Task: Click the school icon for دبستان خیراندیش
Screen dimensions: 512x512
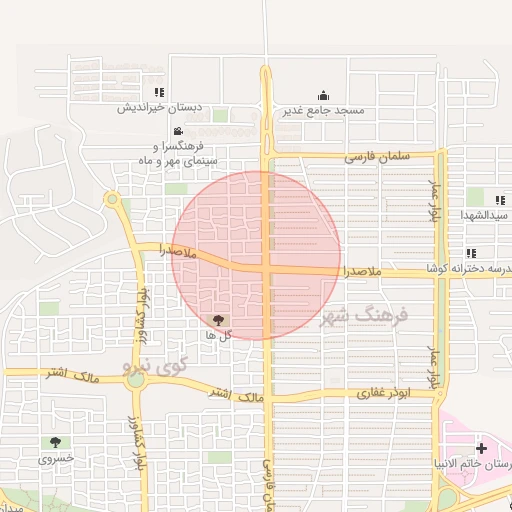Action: click(157, 92)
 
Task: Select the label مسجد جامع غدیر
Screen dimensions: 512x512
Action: click(321, 109)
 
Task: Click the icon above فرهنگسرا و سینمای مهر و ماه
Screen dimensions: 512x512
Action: click(177, 132)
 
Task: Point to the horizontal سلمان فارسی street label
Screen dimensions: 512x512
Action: click(378, 157)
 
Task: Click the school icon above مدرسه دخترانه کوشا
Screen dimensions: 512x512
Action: click(470, 254)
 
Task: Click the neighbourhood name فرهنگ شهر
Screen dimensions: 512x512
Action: click(364, 318)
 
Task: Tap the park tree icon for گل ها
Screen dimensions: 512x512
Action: click(218, 319)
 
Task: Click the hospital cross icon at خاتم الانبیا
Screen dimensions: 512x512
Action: click(482, 448)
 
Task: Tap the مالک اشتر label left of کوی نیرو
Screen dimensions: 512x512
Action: click(69, 373)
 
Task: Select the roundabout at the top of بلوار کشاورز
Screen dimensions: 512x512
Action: click(112, 200)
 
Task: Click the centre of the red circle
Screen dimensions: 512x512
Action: click(258, 255)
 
